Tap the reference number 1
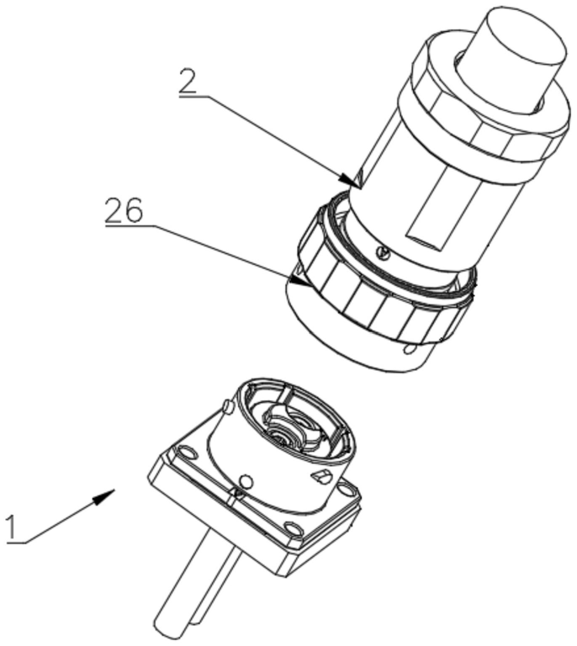click(x=13, y=527)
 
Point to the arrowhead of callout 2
click(x=350, y=181)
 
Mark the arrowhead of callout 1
click(x=103, y=496)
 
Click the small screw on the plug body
click(x=384, y=254)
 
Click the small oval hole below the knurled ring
click(x=410, y=350)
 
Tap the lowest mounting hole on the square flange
click(x=291, y=528)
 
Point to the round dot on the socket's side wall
click(x=246, y=481)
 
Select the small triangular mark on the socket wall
click(x=320, y=476)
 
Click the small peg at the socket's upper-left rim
click(x=229, y=407)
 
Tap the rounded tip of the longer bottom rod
click(x=168, y=630)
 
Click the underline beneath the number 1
click(x=17, y=543)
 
